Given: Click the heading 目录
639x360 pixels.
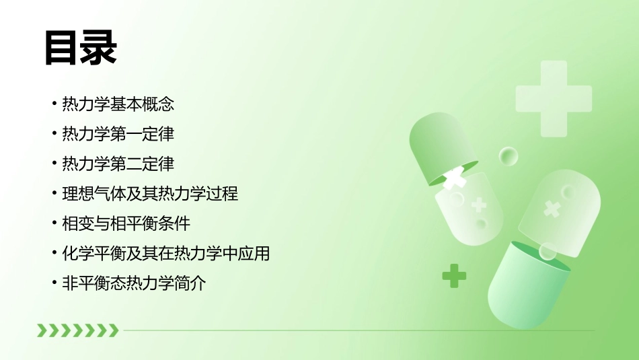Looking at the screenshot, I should click(x=81, y=48).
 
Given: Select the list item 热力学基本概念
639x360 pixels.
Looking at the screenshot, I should click(x=118, y=104).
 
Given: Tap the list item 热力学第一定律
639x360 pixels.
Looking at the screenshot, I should click(x=118, y=134).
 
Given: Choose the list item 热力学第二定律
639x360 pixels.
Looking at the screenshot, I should click(x=118, y=164).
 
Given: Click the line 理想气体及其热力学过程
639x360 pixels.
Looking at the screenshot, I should click(x=149, y=194).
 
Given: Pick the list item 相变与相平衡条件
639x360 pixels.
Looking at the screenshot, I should click(x=126, y=223).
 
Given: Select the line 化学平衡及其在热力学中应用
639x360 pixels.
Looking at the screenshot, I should click(x=165, y=254).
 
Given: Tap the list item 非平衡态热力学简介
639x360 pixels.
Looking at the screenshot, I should click(x=133, y=283).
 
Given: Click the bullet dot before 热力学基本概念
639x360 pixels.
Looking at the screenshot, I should click(x=54, y=105).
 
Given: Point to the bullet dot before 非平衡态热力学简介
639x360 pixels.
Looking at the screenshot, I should click(x=54, y=284).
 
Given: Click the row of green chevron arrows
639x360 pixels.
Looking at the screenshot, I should click(x=77, y=330).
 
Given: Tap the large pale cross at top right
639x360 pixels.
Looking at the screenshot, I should click(x=554, y=98).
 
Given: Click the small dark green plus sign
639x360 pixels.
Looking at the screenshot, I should click(x=454, y=275).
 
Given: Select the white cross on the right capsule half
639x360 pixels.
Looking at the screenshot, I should click(x=552, y=209).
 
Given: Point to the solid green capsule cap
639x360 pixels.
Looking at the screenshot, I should click(x=437, y=145).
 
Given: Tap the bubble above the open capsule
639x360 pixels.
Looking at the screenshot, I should click(x=509, y=157).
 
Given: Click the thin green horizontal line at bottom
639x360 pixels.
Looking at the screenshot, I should click(x=356, y=330).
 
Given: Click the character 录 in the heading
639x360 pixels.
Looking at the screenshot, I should click(x=99, y=48).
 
